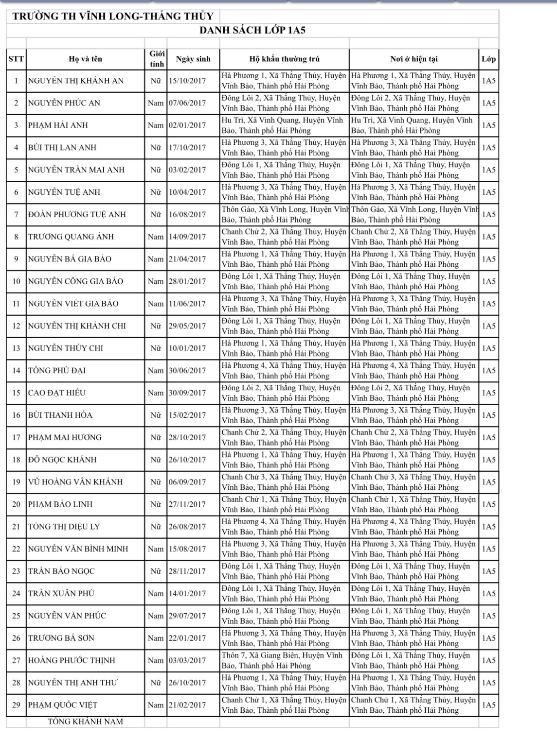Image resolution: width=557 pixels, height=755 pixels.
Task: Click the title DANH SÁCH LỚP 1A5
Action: click(252, 31)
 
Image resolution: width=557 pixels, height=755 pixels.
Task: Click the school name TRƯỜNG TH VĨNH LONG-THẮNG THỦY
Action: click(112, 16)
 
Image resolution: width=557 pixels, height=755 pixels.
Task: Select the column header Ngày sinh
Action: click(193, 59)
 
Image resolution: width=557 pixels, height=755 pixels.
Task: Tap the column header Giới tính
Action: click(156, 59)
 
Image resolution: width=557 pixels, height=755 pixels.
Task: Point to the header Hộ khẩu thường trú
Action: click(284, 59)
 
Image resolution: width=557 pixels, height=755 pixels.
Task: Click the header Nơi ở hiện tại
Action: click(413, 59)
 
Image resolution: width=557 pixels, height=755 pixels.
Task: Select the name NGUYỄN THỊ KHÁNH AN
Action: click(76, 81)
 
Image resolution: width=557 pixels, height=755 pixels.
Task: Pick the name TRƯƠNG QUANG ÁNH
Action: click(71, 237)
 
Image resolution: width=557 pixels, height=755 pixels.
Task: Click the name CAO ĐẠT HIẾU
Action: click(60, 393)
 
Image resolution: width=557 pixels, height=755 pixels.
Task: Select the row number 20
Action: click(16, 504)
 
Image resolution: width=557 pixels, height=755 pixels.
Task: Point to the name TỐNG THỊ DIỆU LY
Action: click(64, 527)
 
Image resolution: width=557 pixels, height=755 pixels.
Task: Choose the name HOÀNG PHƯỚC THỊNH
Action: click(72, 660)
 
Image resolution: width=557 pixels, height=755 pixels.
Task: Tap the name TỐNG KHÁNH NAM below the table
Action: click(85, 721)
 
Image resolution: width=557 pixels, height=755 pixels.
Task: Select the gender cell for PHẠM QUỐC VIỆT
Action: click(156, 705)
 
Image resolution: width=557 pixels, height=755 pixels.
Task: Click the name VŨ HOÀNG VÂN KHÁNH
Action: click(75, 482)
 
